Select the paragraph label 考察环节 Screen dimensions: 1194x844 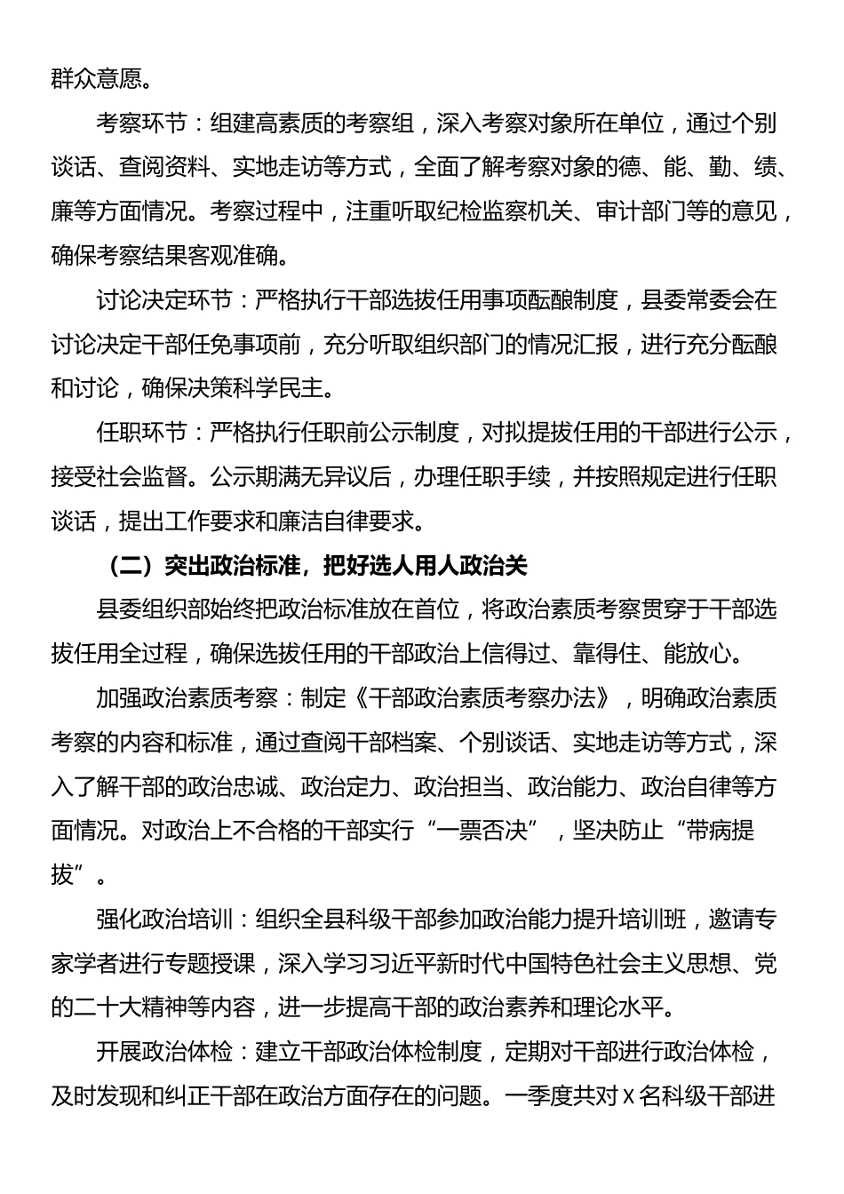141,123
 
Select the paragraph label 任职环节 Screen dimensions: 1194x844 141,434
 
